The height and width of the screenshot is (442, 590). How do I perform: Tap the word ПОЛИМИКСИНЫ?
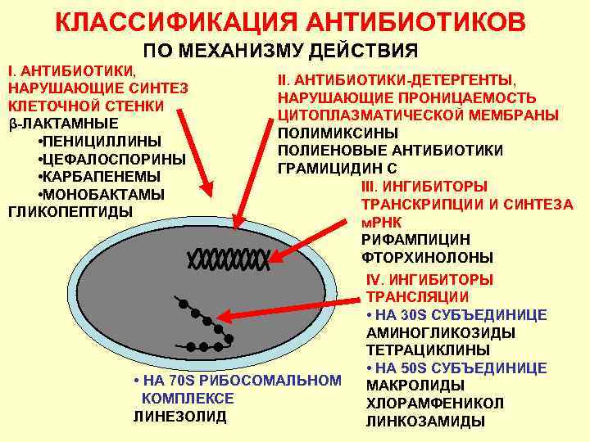(338, 133)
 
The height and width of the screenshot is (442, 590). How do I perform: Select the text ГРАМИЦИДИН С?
(338, 169)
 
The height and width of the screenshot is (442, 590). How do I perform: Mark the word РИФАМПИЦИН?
(415, 240)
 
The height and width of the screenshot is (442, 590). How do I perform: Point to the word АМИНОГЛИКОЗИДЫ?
(441, 332)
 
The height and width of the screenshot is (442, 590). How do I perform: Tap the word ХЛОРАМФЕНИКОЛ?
(434, 404)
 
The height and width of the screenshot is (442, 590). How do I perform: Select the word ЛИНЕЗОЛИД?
(179, 416)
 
